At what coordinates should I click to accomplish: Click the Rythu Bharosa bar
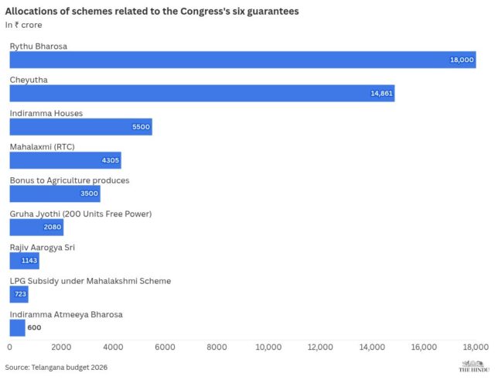tap(242, 60)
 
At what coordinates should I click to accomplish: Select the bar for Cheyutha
tap(202, 93)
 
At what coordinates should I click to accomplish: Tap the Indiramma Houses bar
tap(80, 127)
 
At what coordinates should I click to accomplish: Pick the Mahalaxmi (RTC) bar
tap(65, 160)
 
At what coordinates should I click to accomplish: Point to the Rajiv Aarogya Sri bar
tap(24, 261)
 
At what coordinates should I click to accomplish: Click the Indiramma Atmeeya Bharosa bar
tap(17, 327)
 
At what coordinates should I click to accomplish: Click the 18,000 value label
tap(462, 60)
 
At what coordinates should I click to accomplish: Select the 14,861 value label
tap(381, 93)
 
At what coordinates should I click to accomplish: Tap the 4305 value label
tap(111, 160)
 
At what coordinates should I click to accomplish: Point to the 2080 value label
tap(53, 228)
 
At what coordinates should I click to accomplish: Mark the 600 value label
tap(34, 328)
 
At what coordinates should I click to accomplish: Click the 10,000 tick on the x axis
tap(268, 347)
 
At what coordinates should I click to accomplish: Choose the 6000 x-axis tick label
tap(165, 347)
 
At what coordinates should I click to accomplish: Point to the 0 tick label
tap(10, 347)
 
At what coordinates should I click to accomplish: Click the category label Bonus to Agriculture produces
tap(69, 180)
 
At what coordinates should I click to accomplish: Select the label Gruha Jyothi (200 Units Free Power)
tap(80, 214)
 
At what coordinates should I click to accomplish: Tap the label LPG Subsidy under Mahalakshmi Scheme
tap(90, 281)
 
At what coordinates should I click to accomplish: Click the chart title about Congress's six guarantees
tap(152, 12)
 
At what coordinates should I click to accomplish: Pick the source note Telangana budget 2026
tap(56, 367)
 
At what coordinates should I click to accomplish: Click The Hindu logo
tap(474, 366)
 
